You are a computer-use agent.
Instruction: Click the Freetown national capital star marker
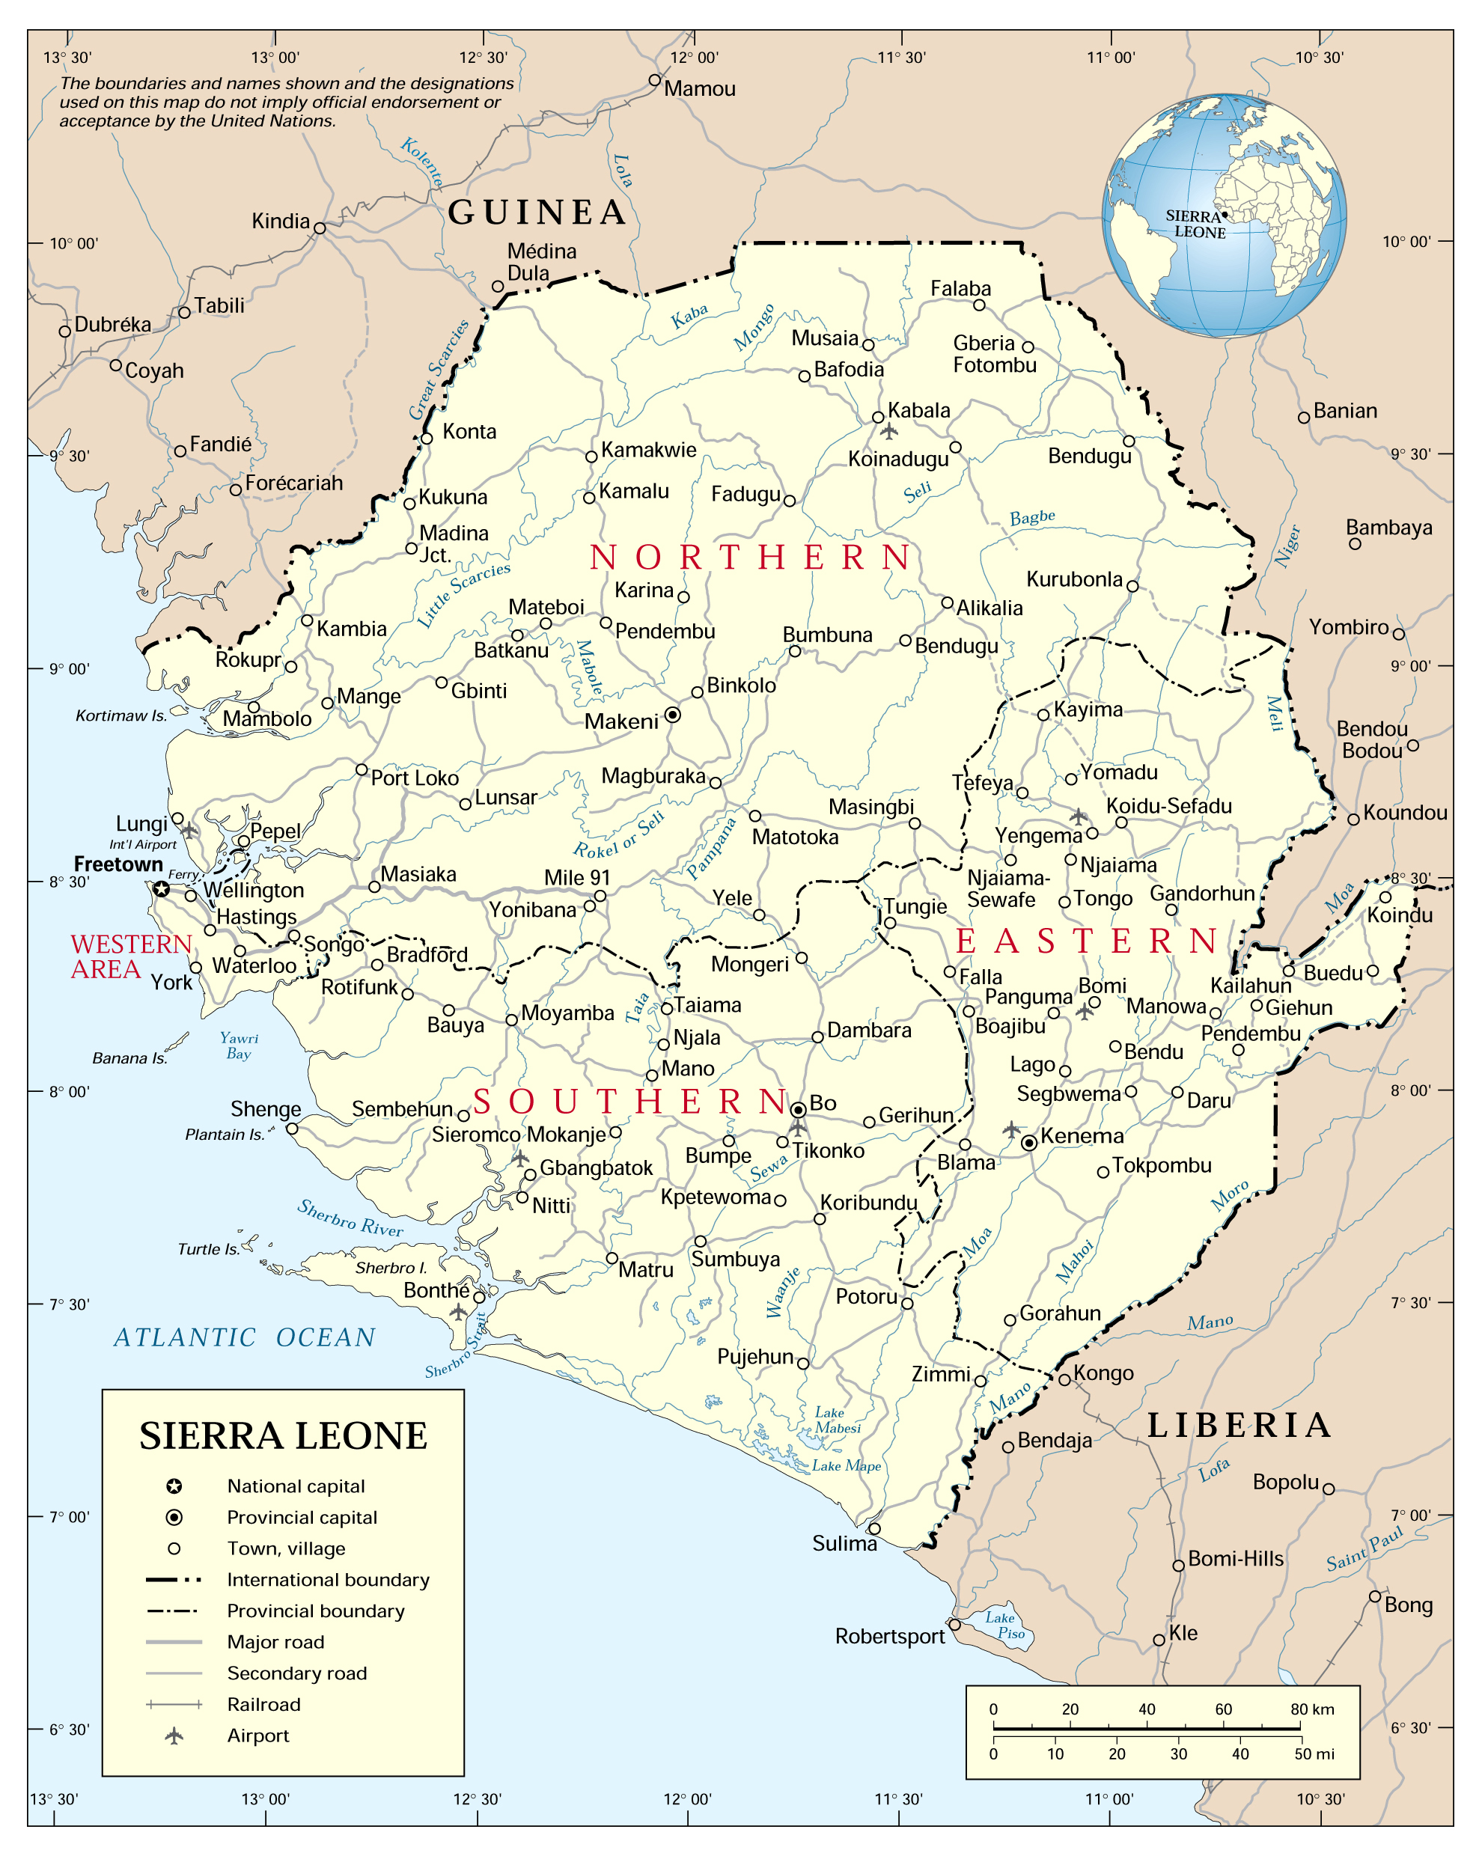[161, 889]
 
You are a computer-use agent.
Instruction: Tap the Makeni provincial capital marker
[674, 715]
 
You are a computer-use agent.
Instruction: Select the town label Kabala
[919, 410]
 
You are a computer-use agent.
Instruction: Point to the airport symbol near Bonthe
[459, 1312]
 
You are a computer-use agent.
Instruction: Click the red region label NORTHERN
[750, 558]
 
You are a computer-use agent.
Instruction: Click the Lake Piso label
[1005, 1625]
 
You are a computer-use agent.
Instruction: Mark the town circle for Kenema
[1029, 1144]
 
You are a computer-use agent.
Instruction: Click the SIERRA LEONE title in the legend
[284, 1436]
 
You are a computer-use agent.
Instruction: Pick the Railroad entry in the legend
[263, 1705]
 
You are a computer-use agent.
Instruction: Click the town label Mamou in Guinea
[699, 88]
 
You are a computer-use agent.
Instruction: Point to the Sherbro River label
[350, 1217]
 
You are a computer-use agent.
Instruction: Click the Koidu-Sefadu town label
[1168, 806]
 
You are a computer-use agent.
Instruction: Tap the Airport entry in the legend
[257, 1736]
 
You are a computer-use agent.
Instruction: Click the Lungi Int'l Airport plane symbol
[189, 831]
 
